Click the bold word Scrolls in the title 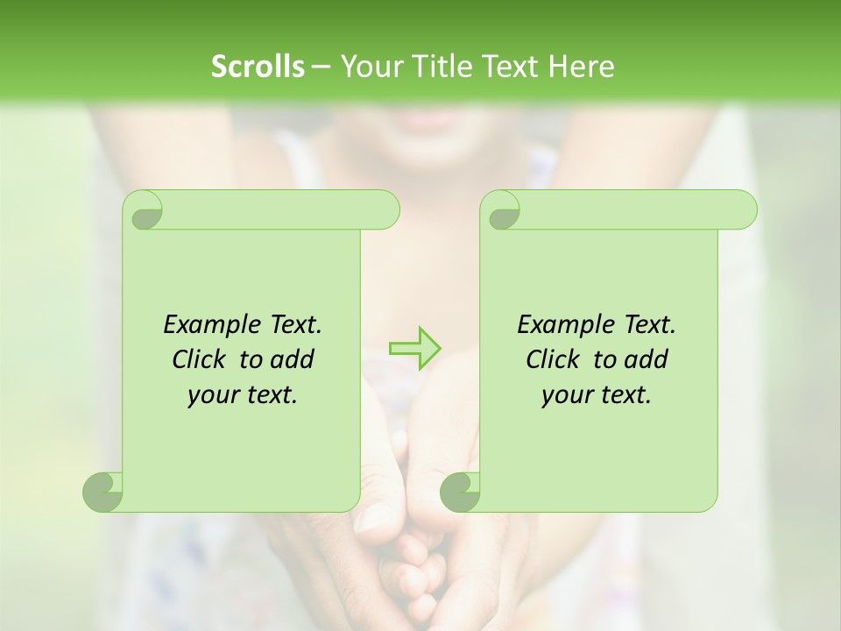tap(258, 67)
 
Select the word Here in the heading tap(581, 67)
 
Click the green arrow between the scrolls tap(415, 347)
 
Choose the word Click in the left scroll tap(199, 360)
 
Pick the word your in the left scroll tap(210, 396)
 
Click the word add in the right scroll tap(647, 360)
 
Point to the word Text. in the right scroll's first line tap(649, 325)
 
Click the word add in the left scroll tap(293, 360)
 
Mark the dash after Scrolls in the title tap(320, 67)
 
